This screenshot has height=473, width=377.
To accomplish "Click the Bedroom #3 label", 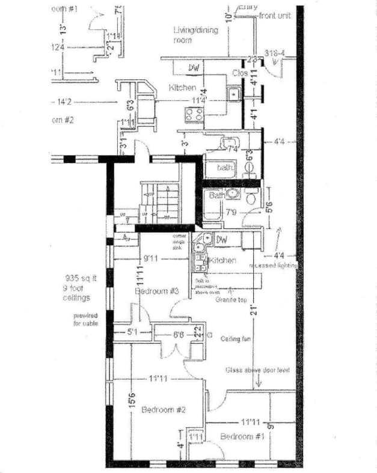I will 157,291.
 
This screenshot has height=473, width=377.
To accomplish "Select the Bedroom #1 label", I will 242,436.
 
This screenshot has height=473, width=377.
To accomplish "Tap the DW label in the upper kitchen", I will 194,68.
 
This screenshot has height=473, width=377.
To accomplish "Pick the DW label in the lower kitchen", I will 221,240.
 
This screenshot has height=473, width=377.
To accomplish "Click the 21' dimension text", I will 255,311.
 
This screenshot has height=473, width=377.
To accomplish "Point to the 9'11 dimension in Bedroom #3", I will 151,259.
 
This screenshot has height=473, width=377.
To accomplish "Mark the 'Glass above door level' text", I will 257,370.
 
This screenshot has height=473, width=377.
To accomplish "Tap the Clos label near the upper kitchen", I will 240,73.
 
